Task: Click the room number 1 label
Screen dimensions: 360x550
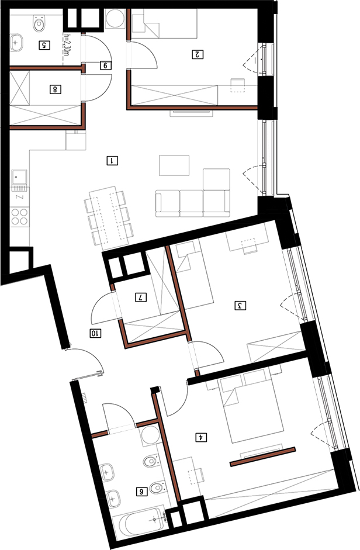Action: [x=112, y=161]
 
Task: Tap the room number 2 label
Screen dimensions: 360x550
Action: [x=198, y=55]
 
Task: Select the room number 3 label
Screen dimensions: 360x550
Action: [x=240, y=306]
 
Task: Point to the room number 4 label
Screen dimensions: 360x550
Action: [x=202, y=437]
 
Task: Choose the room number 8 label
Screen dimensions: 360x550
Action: [x=55, y=89]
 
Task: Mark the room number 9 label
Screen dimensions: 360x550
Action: [x=105, y=65]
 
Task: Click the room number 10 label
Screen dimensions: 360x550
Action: [x=95, y=333]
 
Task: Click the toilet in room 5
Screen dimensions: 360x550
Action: [x=40, y=23]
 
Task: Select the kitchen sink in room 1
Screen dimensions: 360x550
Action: [x=20, y=178]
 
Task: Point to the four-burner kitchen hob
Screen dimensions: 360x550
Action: [x=20, y=217]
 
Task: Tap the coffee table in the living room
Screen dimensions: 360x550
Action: [x=174, y=165]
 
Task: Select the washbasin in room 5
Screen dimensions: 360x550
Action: [x=16, y=43]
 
